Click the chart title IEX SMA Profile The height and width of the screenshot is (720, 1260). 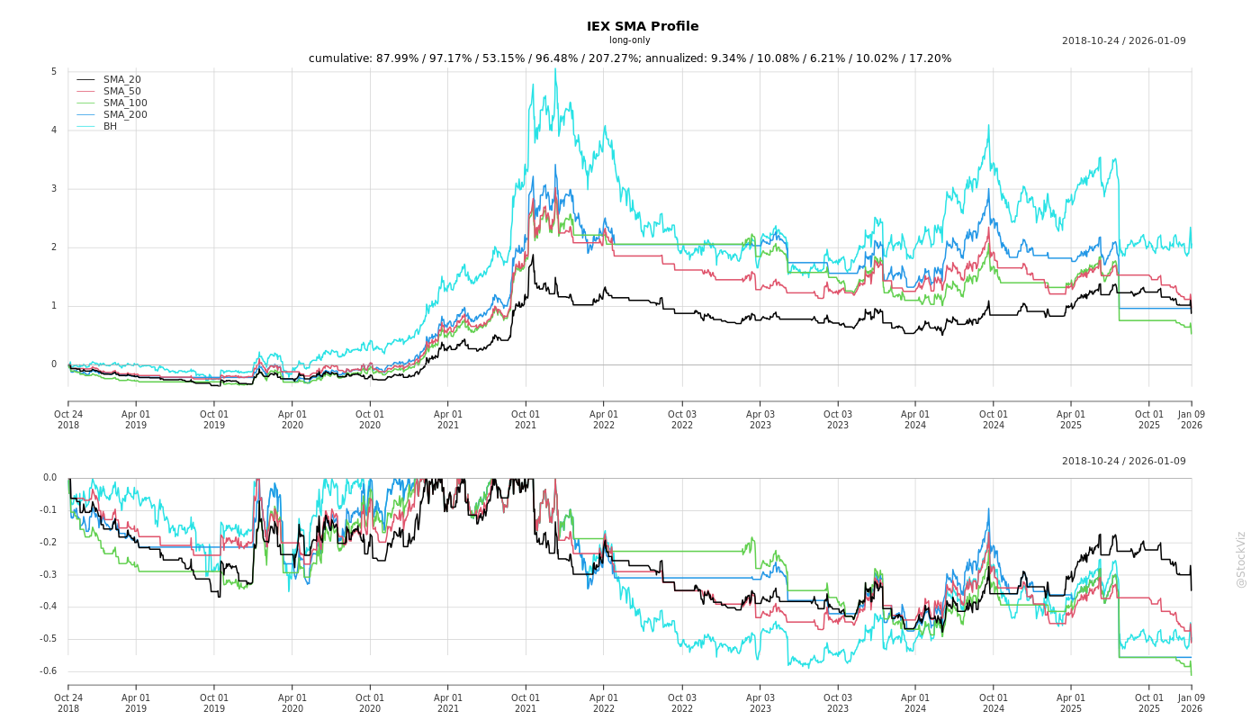[x=642, y=26]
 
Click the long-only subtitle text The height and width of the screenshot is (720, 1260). [x=629, y=40]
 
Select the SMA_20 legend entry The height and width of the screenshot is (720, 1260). [x=121, y=80]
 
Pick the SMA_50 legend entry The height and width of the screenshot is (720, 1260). [x=121, y=92]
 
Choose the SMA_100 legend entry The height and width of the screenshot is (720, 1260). [x=125, y=103]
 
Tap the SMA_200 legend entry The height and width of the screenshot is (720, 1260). [x=125, y=115]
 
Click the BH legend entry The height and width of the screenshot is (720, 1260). [x=110, y=127]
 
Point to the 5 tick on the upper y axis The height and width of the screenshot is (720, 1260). [x=54, y=72]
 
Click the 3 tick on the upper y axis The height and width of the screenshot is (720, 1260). [x=54, y=189]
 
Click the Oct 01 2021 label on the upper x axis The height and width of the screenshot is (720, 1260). [x=526, y=419]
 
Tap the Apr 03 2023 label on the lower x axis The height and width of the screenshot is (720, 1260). [x=760, y=703]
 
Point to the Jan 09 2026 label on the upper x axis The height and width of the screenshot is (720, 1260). [x=1191, y=419]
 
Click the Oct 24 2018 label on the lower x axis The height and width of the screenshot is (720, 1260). [x=68, y=703]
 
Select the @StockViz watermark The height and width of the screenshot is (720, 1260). [x=1241, y=559]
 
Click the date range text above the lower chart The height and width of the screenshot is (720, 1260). [x=1123, y=462]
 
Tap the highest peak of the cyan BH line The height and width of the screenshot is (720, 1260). [x=554, y=69]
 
